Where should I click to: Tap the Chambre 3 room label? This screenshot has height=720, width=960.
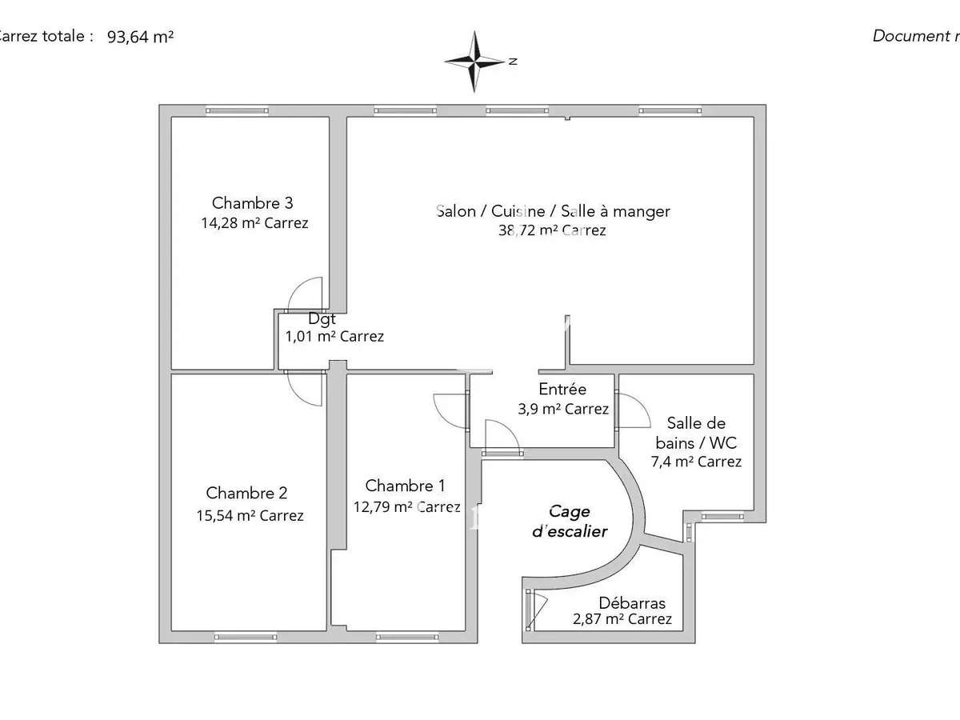click(246, 203)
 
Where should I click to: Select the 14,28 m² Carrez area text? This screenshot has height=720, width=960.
click(254, 223)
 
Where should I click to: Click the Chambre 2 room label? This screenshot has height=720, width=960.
click(246, 494)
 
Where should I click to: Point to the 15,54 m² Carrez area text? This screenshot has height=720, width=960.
click(249, 516)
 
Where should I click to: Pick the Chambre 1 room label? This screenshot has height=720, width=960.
click(405, 486)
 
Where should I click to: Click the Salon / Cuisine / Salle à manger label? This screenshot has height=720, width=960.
click(553, 211)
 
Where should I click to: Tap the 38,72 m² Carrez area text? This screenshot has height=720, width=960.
click(551, 230)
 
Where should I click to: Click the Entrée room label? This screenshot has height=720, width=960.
click(562, 390)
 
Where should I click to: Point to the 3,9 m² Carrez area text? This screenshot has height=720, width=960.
click(563, 410)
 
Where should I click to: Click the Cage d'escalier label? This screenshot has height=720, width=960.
click(570, 521)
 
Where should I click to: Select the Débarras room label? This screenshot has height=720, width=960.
click(632, 603)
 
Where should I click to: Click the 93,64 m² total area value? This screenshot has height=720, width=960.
click(141, 36)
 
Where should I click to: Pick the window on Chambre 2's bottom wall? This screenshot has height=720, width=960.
click(245, 637)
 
